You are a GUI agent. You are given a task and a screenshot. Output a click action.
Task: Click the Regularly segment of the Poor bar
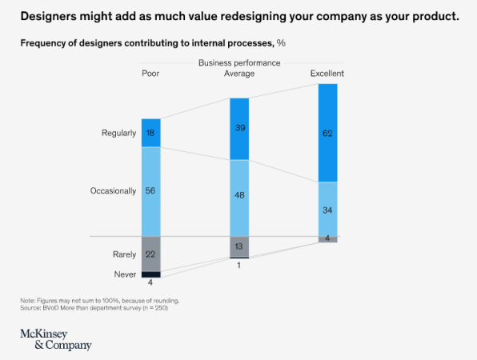click(x=151, y=133)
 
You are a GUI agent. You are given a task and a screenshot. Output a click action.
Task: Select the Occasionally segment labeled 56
click(x=151, y=191)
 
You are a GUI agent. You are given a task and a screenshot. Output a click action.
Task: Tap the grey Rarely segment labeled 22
click(x=151, y=254)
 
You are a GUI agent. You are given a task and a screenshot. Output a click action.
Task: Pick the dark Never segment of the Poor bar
click(x=151, y=274)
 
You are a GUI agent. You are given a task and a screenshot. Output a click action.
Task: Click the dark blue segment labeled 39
click(x=239, y=129)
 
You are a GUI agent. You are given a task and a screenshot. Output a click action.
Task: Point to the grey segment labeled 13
click(x=239, y=246)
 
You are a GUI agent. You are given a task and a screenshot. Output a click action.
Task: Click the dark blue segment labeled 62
click(x=327, y=133)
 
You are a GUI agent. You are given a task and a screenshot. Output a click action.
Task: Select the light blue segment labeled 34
click(x=327, y=210)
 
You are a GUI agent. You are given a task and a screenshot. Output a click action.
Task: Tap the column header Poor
click(x=150, y=74)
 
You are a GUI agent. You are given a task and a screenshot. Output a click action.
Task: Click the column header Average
click(x=239, y=74)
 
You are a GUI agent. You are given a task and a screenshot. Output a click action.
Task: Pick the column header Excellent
click(x=327, y=74)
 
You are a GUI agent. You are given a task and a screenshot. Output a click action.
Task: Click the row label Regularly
click(x=118, y=133)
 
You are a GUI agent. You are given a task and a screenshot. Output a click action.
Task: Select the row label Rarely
click(x=123, y=254)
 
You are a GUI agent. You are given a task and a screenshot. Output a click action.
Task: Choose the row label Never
click(x=124, y=274)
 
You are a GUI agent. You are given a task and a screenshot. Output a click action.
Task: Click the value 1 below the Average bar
click(x=239, y=266)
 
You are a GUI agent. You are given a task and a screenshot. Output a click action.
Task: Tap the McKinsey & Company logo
click(x=56, y=338)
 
